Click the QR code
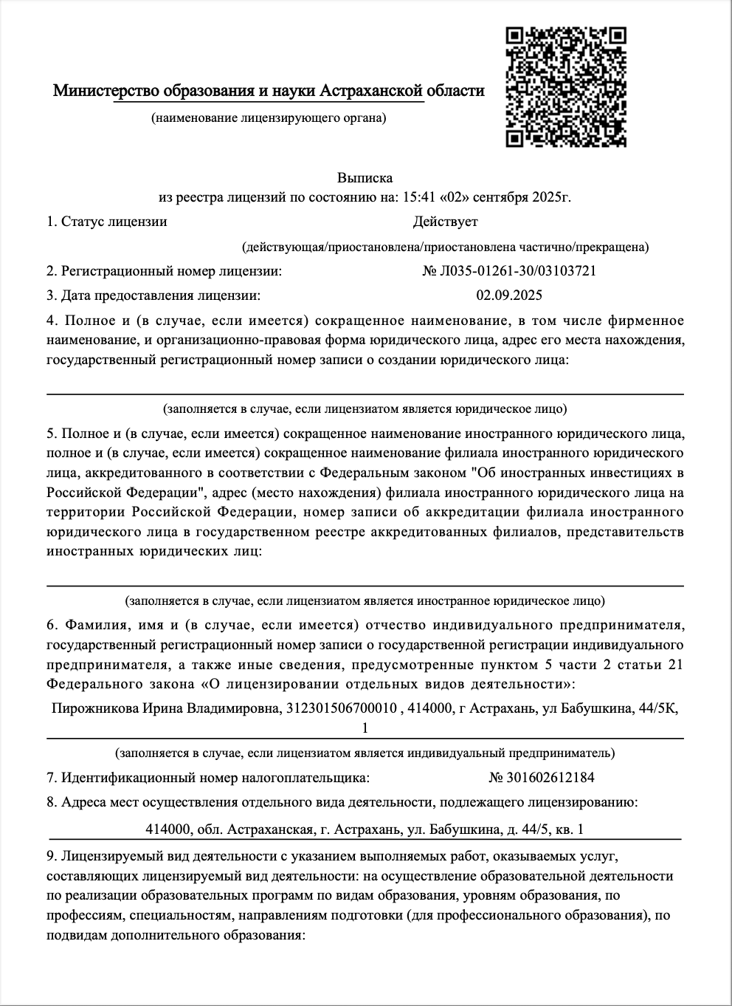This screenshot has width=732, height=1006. point(566,86)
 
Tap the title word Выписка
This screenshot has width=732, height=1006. point(365,178)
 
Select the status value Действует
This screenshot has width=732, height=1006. point(445,222)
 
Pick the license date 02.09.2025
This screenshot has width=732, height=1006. point(509,295)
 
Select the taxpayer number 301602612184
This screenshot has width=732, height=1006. point(548,777)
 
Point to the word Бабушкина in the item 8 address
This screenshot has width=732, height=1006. point(464,829)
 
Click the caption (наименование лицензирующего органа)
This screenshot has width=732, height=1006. point(268,117)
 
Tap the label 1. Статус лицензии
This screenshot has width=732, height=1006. point(106,222)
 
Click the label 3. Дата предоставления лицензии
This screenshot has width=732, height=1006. point(153,295)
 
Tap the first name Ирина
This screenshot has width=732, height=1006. point(164,708)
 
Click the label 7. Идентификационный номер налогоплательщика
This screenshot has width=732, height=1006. point(207,777)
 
